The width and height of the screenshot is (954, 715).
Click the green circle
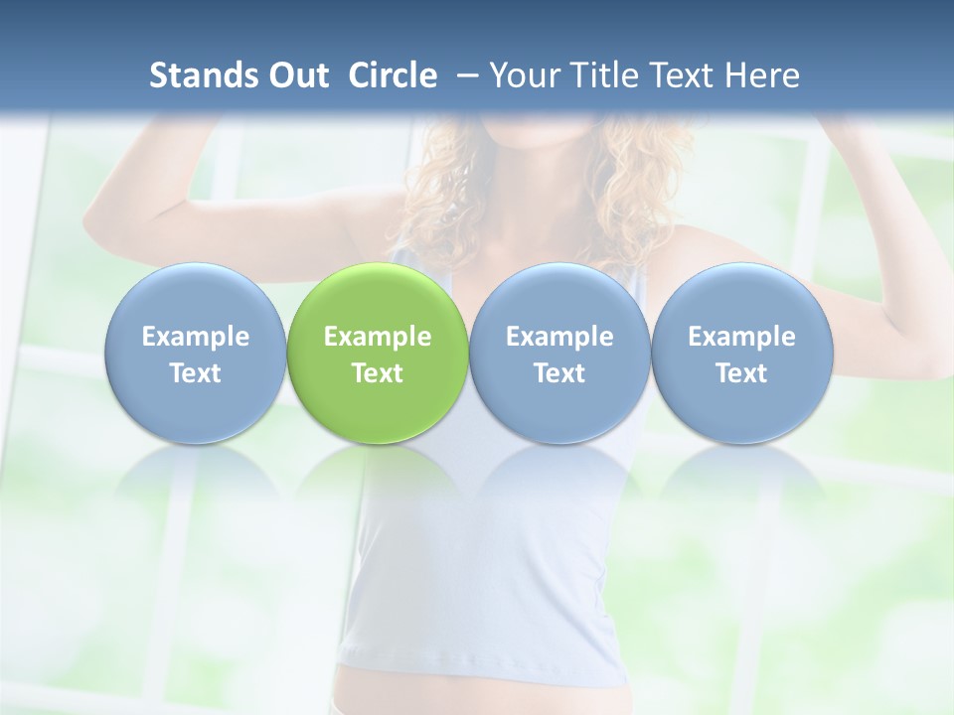(378, 353)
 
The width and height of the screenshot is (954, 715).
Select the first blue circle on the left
(195, 353)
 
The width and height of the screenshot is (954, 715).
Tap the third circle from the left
(559, 353)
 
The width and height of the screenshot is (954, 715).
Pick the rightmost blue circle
(741, 353)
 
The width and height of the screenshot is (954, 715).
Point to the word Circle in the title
(393, 75)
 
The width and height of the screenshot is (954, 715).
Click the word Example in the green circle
(378, 337)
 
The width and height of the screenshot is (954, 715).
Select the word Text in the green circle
(378, 373)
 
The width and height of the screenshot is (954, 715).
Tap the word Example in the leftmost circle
(195, 337)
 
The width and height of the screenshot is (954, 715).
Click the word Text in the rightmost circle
(741, 373)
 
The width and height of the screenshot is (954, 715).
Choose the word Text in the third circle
(559, 373)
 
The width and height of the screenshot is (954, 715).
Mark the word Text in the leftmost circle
(195, 373)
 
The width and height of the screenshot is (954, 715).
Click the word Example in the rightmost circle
(741, 337)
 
